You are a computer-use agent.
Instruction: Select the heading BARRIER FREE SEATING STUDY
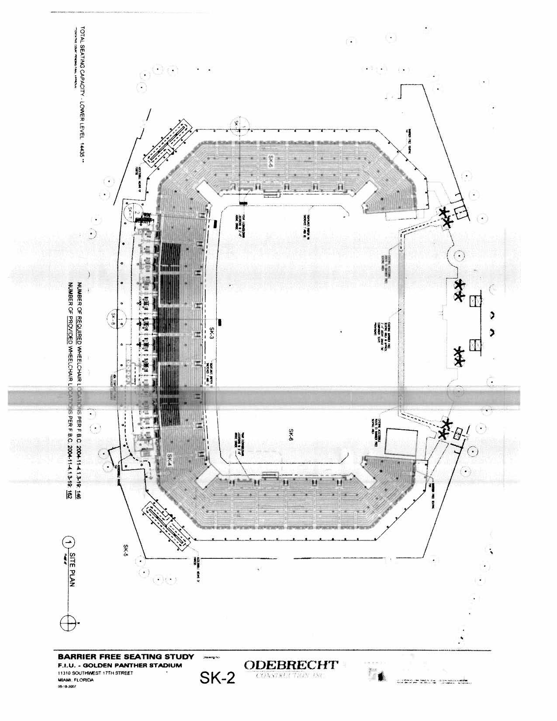125,657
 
